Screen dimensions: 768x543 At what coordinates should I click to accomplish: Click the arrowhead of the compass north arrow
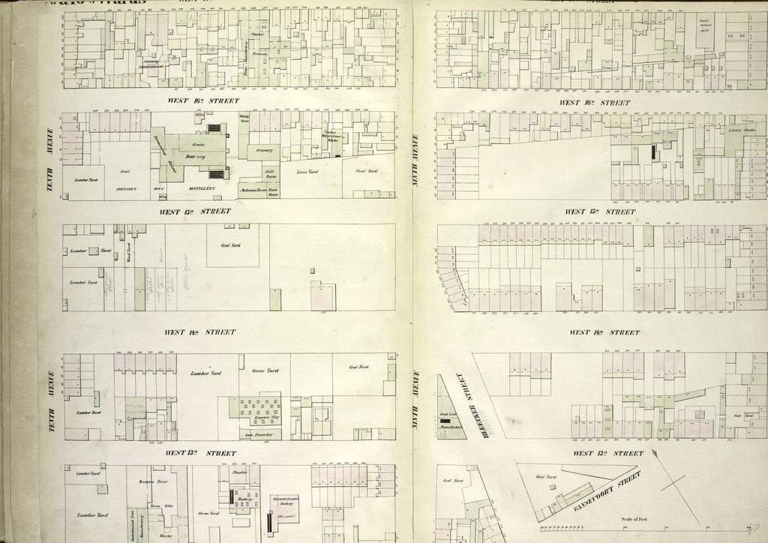(x=655, y=452)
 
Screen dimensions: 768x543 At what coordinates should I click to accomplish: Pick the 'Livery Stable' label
(x=740, y=129)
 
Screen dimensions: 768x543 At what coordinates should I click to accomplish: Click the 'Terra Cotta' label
(x=153, y=507)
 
